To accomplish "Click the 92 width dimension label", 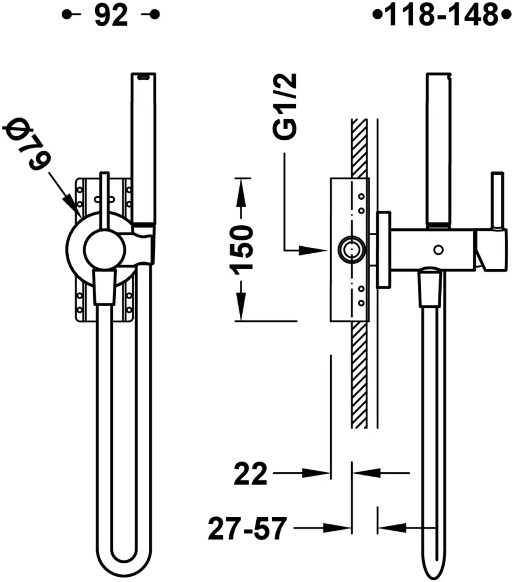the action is point(111,16).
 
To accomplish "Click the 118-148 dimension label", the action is point(442,15).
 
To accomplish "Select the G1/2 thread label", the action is point(285,107).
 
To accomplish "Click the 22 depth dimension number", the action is point(250,474).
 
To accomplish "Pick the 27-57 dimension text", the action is point(247,528).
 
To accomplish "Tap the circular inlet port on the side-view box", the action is point(350,250).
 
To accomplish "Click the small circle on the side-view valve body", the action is point(438,250).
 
